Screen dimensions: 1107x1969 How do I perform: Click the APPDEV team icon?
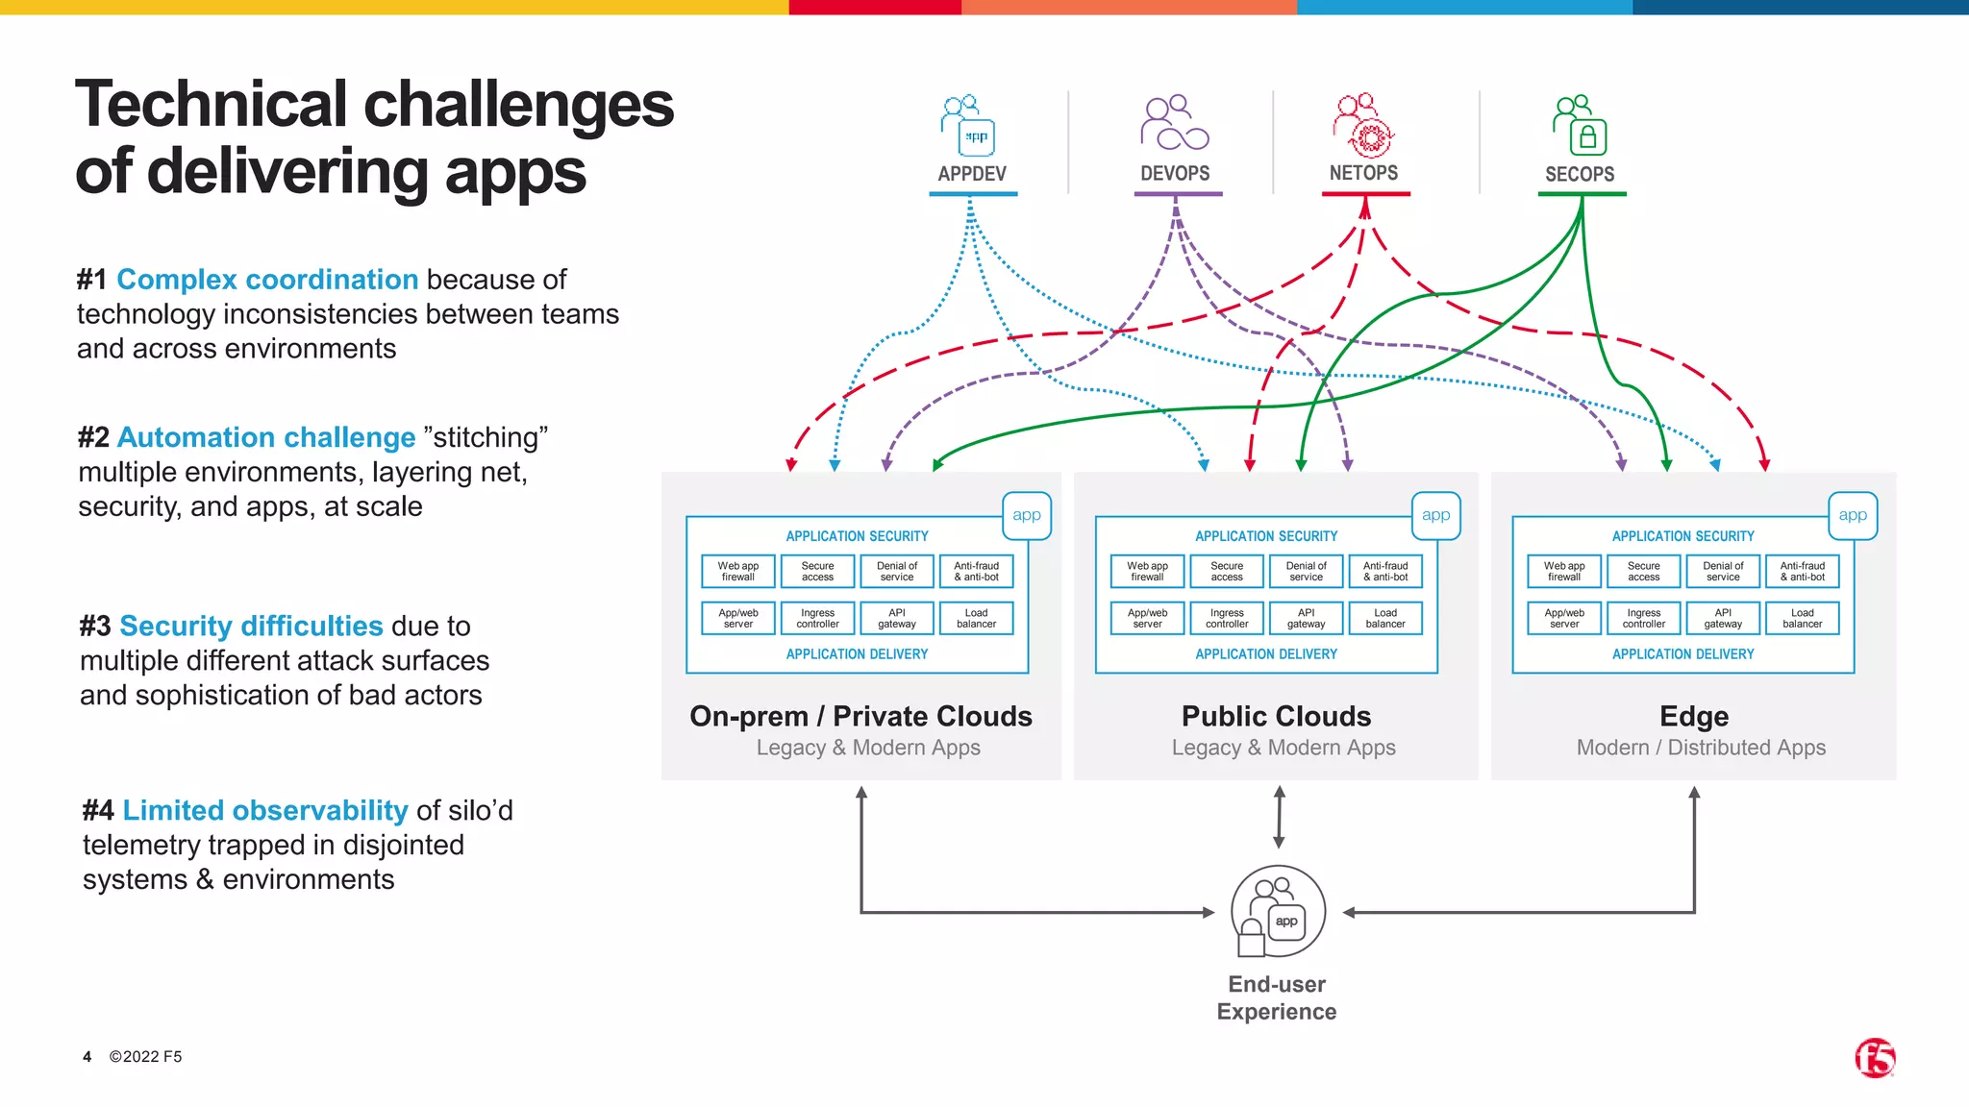coord(968,126)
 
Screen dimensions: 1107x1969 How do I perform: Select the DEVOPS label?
coord(1175,174)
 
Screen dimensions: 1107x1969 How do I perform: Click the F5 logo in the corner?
coord(1875,1058)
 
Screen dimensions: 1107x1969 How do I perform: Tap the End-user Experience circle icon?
coord(1278,911)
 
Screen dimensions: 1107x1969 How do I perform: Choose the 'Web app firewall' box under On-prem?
coord(738,572)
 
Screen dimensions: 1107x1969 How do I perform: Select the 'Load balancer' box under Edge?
coord(1802,618)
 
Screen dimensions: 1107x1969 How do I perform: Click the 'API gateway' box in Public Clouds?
coord(1306,618)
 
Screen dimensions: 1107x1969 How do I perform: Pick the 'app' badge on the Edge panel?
coord(1852,515)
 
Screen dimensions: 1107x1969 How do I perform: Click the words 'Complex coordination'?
coord(267,280)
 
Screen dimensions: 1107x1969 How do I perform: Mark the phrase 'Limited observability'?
coord(265,810)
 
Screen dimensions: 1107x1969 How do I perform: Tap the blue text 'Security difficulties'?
coord(251,626)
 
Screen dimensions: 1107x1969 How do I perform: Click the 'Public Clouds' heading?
coord(1276,716)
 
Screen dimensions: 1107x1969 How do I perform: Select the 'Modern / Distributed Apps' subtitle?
coord(1700,748)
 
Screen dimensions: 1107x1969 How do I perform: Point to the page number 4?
coord(87,1057)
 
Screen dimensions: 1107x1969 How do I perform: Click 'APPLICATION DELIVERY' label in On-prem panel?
coord(857,654)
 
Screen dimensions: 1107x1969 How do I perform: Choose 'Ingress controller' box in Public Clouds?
coord(1227,618)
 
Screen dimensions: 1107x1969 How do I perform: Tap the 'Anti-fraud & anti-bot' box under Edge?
coord(1802,572)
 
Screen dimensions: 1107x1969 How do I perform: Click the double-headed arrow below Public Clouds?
coord(1279,817)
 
